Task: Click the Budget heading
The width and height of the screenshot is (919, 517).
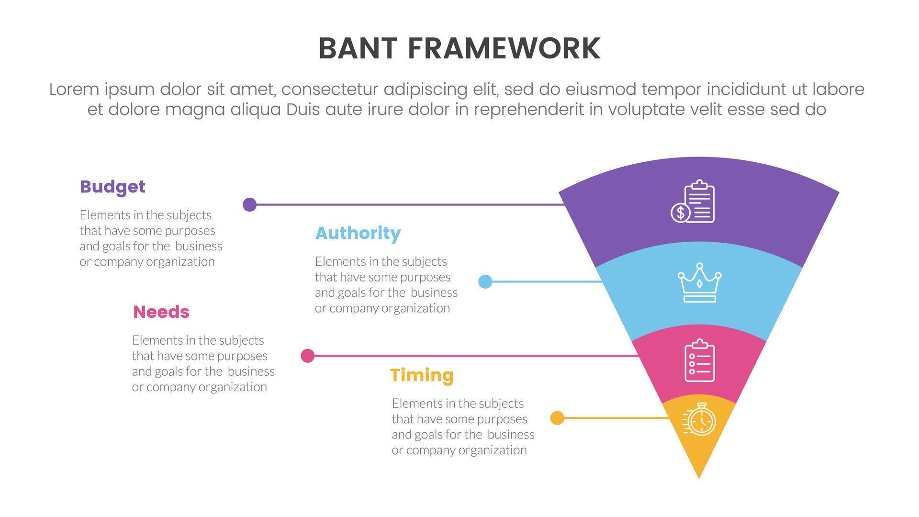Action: (x=112, y=187)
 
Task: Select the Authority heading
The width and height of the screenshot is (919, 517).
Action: (x=358, y=233)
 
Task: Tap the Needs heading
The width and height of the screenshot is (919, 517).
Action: (x=161, y=312)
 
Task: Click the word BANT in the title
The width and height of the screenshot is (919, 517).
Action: (x=358, y=48)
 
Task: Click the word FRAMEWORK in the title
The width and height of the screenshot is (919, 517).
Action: (x=504, y=48)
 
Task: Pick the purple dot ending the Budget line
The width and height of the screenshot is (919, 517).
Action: (x=249, y=204)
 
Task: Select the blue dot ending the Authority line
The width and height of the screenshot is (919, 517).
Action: (x=485, y=281)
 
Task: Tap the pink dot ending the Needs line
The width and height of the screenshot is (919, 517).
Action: (x=307, y=356)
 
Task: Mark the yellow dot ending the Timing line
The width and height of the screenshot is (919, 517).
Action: (x=557, y=418)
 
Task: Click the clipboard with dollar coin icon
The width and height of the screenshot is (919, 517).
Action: (x=693, y=202)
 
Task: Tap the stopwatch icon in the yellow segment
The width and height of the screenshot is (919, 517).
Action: (x=699, y=419)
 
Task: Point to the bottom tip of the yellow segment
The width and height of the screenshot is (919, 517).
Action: (x=699, y=476)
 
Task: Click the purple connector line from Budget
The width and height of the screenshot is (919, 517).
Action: (x=407, y=204)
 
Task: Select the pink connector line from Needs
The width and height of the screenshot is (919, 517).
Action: (x=474, y=356)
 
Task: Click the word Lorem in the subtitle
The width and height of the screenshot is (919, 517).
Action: (x=74, y=90)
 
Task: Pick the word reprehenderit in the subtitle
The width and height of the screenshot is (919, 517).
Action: (x=529, y=110)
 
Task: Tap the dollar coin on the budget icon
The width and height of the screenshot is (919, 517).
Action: (x=680, y=213)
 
